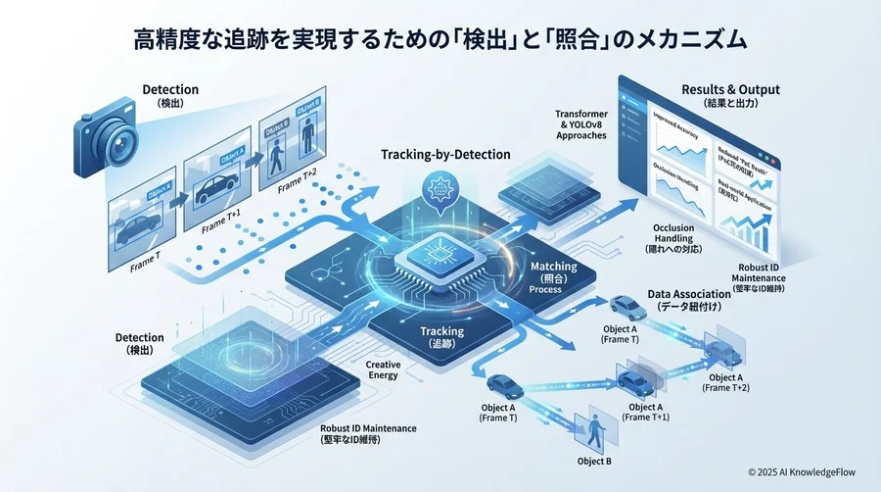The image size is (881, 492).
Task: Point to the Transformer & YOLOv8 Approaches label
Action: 581,124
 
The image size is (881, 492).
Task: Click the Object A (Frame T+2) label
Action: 725,382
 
